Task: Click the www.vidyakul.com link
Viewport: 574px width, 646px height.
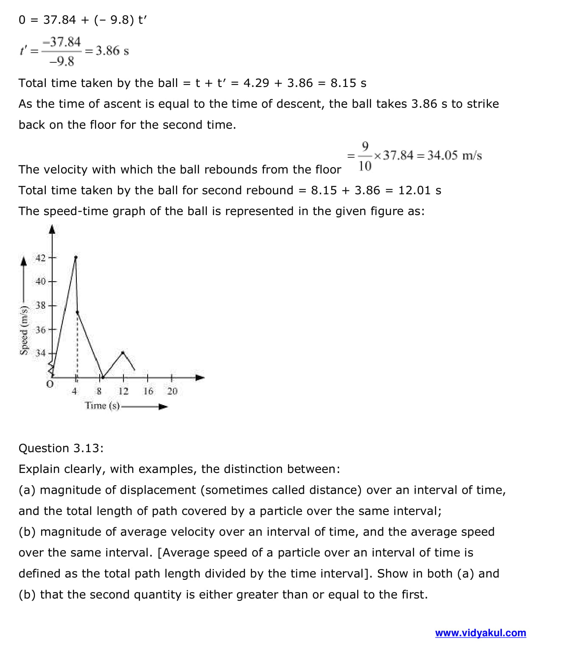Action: click(480, 633)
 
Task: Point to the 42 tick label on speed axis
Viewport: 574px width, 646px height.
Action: click(40, 258)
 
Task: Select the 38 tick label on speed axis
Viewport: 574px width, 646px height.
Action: click(40, 305)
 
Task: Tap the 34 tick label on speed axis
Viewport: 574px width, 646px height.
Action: click(40, 353)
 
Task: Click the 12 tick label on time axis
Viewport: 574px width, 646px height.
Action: click(123, 391)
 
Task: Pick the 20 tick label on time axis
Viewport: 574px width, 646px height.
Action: click(172, 391)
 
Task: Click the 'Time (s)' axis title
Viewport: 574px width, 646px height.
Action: click(102, 406)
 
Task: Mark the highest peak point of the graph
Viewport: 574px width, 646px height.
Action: click(76, 257)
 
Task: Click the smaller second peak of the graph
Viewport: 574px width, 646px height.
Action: click(123, 352)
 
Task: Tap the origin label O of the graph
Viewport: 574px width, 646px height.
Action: click(50, 385)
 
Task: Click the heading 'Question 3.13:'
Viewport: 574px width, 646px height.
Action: click(61, 448)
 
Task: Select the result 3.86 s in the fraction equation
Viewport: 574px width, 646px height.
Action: click(112, 51)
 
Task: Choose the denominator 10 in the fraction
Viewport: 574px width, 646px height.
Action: click(365, 166)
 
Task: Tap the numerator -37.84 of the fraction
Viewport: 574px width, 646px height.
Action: click(64, 42)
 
